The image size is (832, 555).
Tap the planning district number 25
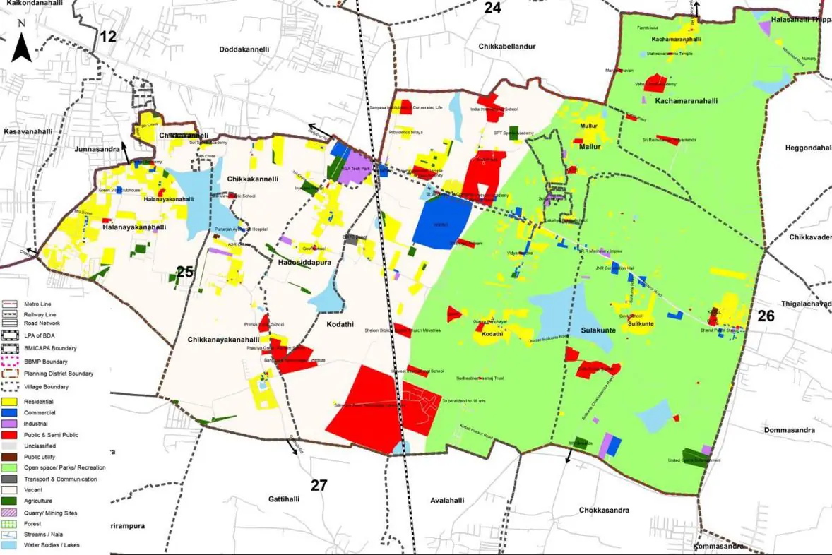coord(185,272)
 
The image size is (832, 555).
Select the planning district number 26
coord(766,316)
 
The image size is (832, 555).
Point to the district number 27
coord(319,484)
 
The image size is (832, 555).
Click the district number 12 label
coord(107,37)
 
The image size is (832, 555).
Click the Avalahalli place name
coord(450,500)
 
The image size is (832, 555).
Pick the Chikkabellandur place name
coord(508,47)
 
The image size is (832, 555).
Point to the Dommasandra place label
coord(792,429)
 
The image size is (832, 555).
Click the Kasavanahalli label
coord(29,132)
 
